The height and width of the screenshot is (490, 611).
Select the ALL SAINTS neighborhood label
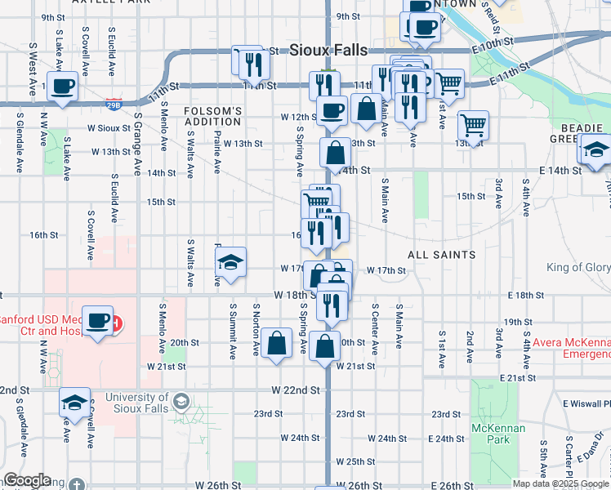442,255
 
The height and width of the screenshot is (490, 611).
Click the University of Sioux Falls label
136,403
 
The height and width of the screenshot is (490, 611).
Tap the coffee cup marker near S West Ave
62,87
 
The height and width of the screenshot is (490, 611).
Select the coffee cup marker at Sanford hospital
98,321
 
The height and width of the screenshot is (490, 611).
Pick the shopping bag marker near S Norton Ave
278,345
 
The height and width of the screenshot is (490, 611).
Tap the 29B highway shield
114,105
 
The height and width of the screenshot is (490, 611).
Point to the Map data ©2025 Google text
560,483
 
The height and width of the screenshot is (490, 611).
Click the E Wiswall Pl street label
585,403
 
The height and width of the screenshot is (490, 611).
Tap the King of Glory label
578,268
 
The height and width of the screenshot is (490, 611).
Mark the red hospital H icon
117,323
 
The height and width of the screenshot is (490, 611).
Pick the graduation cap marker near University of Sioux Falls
74,403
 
